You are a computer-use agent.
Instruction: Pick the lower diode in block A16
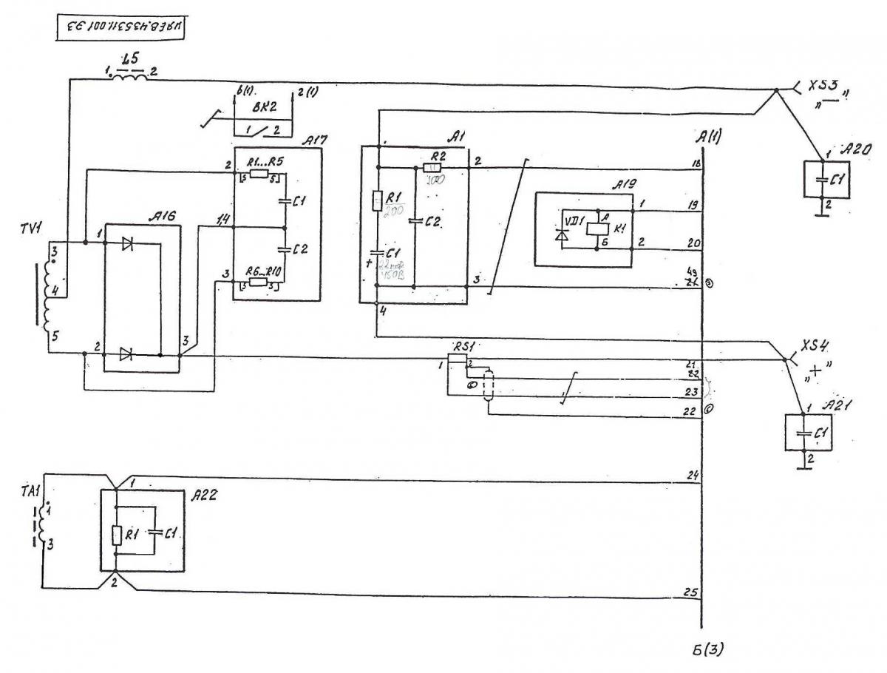coord(128,355)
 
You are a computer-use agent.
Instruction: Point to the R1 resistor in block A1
coord(377,200)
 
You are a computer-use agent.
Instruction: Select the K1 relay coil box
coord(597,229)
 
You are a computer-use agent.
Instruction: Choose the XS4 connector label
coord(817,348)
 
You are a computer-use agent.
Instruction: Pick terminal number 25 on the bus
coord(692,592)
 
